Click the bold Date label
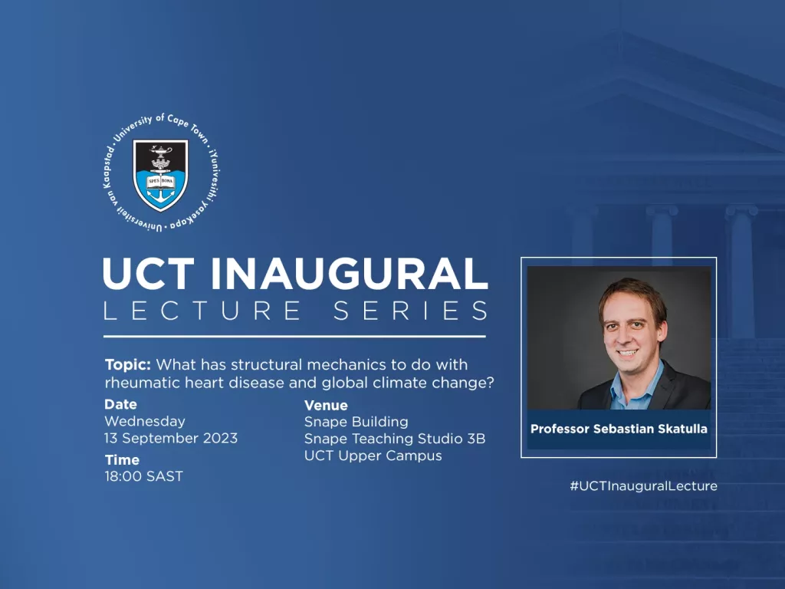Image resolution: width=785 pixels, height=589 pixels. coord(120,404)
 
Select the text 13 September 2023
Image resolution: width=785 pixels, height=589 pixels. coord(170,439)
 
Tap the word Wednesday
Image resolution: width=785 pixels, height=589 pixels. coord(145,421)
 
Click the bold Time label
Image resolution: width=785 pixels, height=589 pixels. coord(122,460)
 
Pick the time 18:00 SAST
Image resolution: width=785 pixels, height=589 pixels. coord(143,476)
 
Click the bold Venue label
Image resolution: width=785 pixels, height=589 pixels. coord(326,405)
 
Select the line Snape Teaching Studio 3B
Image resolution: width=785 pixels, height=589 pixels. coord(394,439)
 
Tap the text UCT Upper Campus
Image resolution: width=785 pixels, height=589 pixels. coord(373,456)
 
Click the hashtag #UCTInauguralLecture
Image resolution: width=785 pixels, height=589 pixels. coord(643,485)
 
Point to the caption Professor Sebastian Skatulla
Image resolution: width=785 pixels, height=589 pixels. coord(619,429)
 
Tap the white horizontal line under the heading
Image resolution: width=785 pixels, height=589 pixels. coord(294,336)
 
